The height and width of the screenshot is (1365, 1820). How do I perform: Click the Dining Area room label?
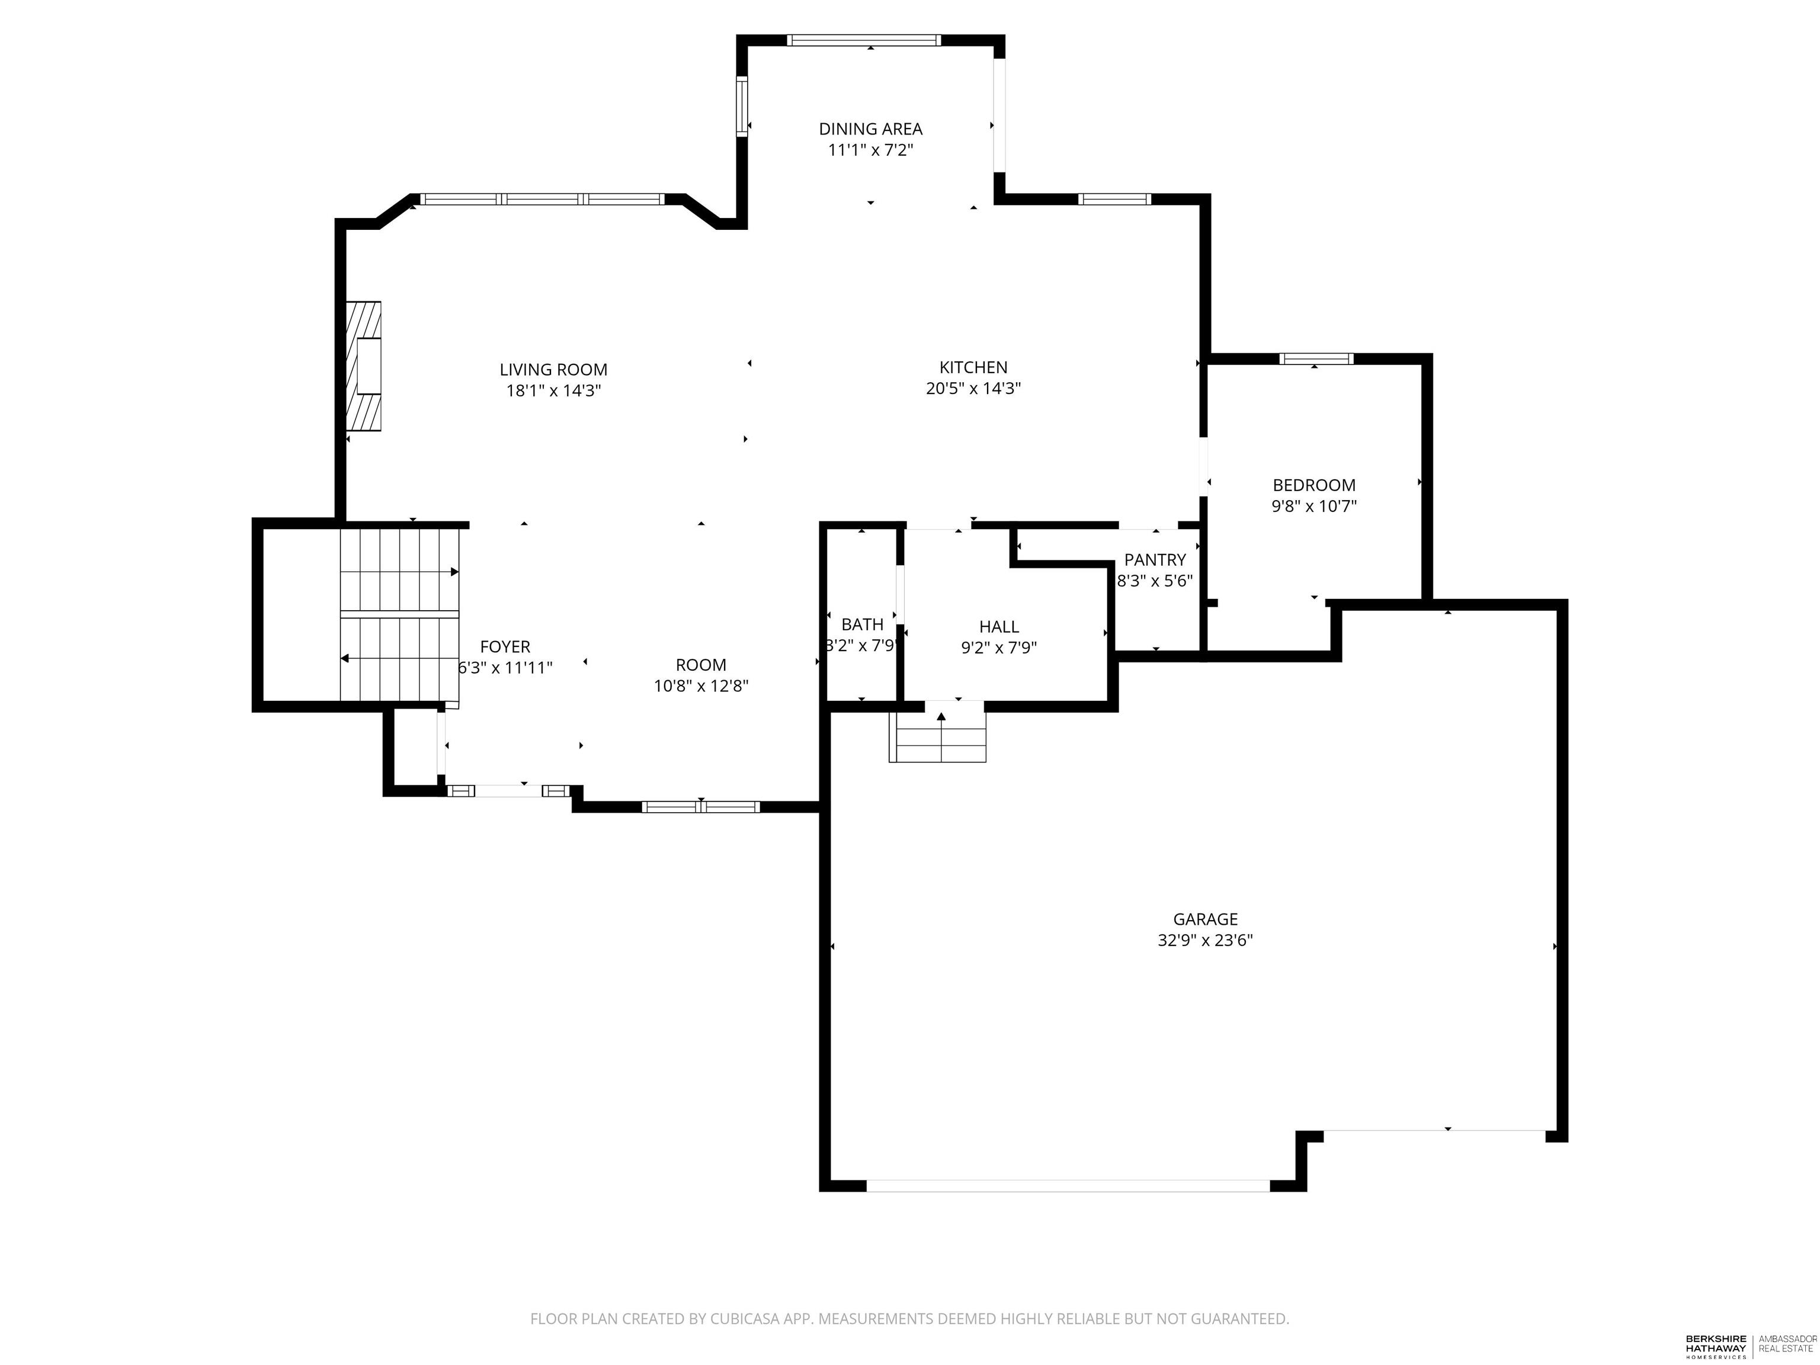[x=870, y=129]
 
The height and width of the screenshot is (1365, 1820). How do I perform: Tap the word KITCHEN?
[x=973, y=368]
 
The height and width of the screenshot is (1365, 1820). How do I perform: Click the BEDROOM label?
[x=1313, y=485]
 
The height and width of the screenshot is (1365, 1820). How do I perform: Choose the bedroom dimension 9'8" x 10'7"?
[x=1313, y=507]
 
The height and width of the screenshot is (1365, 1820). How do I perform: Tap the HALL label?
[x=998, y=627]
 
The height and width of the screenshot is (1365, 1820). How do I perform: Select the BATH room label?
[x=861, y=624]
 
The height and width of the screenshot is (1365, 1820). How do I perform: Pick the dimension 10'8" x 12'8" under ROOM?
[x=700, y=686]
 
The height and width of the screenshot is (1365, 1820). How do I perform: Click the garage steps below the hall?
[x=937, y=737]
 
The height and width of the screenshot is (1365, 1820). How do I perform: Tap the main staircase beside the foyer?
[x=399, y=616]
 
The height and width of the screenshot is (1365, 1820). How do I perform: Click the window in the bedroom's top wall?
[x=1316, y=359]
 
